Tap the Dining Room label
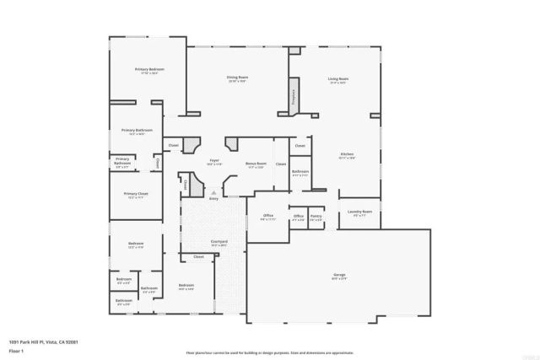click(236, 78)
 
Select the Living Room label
click(338, 79)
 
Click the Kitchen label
click(347, 154)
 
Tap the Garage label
click(339, 276)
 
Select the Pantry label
click(316, 217)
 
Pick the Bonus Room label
click(256, 164)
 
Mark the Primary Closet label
click(136, 195)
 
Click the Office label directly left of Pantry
click(298, 217)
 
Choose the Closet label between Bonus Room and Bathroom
click(281, 164)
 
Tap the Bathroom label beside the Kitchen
click(300, 172)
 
